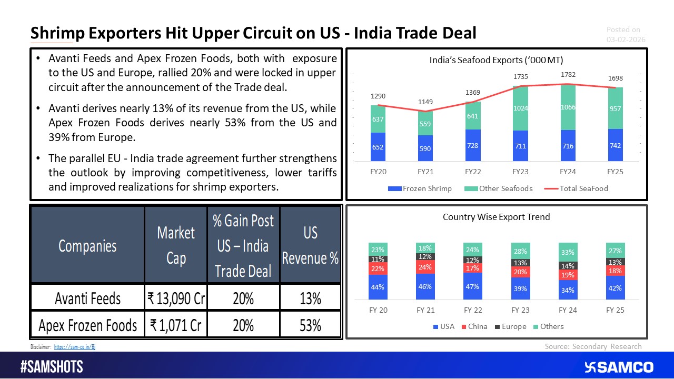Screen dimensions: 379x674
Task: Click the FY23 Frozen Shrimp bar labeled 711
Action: pyautogui.click(x=520, y=145)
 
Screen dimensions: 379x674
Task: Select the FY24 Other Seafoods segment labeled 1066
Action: pyautogui.click(x=568, y=107)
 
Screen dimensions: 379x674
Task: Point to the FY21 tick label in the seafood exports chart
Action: pyautogui.click(x=425, y=172)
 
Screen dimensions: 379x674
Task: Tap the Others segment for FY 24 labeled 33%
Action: pyautogui.click(x=568, y=252)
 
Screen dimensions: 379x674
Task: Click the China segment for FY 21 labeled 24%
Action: pyautogui.click(x=425, y=266)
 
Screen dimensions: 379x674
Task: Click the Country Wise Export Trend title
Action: pyautogui.click(x=496, y=216)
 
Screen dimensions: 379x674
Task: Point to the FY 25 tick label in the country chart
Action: pyautogui.click(x=614, y=310)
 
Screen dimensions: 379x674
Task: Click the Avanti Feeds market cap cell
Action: pyautogui.click(x=176, y=298)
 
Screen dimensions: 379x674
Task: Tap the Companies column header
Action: pyautogui.click(x=87, y=245)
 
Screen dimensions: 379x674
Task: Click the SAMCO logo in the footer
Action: pyautogui.click(x=618, y=367)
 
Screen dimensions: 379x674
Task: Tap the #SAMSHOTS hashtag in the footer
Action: pyautogui.click(x=52, y=367)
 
